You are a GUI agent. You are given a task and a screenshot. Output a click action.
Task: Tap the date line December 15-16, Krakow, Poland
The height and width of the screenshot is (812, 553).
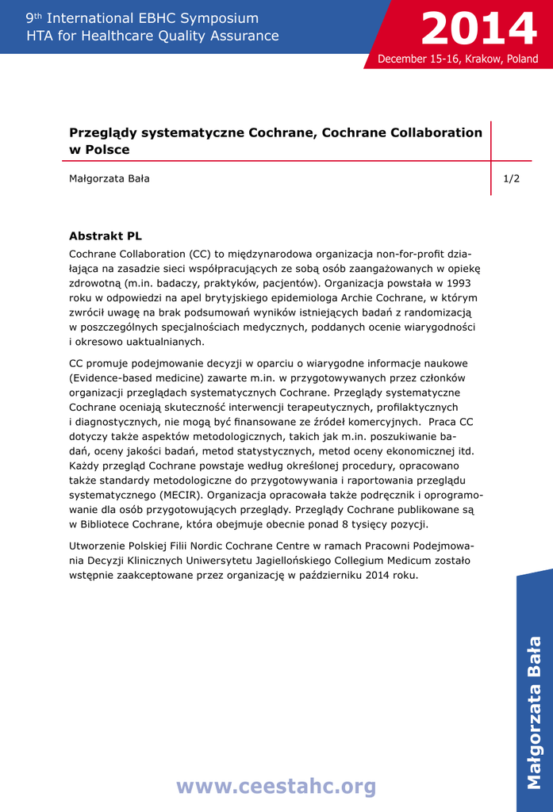pyautogui.click(x=458, y=59)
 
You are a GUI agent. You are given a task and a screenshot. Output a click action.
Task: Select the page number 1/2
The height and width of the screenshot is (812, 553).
pyautogui.click(x=512, y=178)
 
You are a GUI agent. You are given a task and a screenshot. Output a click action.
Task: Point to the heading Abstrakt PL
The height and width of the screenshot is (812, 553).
pyautogui.click(x=106, y=236)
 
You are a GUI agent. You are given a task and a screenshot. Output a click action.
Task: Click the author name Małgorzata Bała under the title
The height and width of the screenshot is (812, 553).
pyautogui.click(x=109, y=178)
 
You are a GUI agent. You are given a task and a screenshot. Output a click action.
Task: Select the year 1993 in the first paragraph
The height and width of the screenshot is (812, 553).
pyautogui.click(x=459, y=282)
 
